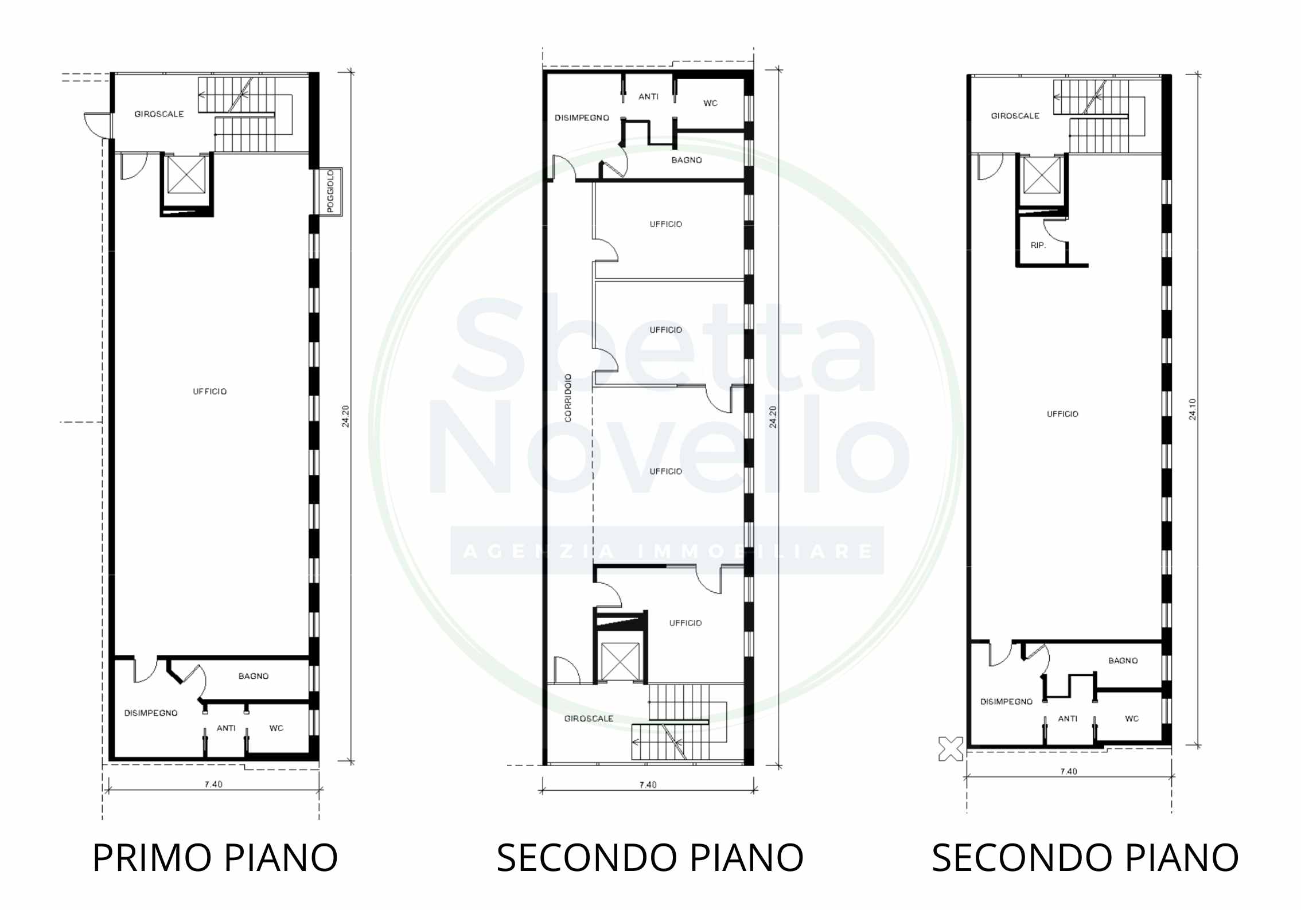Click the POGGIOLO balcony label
(330, 192)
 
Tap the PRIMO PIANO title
(215, 858)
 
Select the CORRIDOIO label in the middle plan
(568, 398)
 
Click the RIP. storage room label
(1038, 245)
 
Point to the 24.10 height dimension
(1193, 409)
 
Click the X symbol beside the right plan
(951, 749)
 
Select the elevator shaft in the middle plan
(620, 661)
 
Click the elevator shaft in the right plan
(1042, 174)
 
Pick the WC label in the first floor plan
(276, 728)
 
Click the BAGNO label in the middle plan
(687, 160)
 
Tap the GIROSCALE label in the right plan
(1015, 116)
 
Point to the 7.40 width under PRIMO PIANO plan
(213, 784)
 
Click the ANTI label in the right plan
(1068, 718)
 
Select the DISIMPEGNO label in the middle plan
(582, 118)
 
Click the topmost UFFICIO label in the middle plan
(666, 224)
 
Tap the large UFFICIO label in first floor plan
(210, 392)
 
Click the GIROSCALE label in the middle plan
(589, 718)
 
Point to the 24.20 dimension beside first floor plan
(345, 416)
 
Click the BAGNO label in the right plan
(1123, 661)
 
